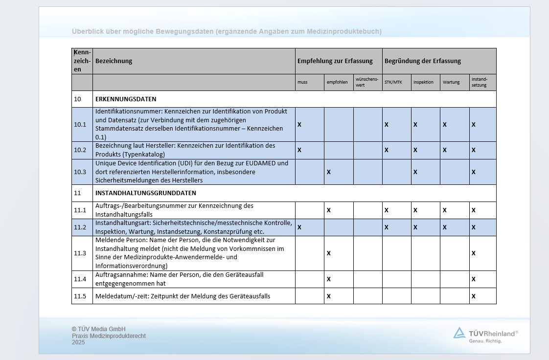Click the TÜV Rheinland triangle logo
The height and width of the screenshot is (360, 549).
click(459, 333)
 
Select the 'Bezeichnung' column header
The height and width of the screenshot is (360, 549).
click(114, 61)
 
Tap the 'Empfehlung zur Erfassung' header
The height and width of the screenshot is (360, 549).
click(335, 61)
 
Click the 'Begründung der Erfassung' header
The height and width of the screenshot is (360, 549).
click(423, 61)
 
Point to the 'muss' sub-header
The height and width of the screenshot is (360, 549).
click(302, 82)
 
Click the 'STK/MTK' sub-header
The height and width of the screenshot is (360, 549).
click(392, 82)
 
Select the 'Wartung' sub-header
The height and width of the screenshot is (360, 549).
click(451, 82)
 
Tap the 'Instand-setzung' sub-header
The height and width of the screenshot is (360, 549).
click(479, 82)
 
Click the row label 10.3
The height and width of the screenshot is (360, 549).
click(80, 172)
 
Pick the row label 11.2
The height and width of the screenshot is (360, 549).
click(80, 227)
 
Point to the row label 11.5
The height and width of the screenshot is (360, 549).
click(80, 296)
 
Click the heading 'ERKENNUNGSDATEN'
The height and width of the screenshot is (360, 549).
click(126, 99)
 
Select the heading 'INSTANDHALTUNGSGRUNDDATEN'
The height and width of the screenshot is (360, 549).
click(146, 193)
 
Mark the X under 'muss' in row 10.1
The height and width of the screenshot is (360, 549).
click(299, 125)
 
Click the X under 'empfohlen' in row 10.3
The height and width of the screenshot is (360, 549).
click(329, 172)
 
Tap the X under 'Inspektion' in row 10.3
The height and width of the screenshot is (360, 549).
click(415, 172)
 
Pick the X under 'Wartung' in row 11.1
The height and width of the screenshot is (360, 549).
click(444, 210)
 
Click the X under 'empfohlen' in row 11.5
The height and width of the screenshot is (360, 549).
click(329, 296)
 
